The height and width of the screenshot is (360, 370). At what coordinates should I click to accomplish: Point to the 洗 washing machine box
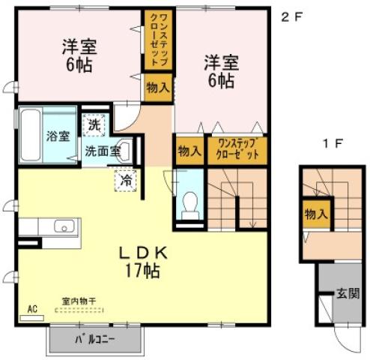[95, 123]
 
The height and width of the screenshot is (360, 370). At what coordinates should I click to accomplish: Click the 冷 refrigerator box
[127, 180]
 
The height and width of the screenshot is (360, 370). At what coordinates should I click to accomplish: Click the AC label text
[32, 308]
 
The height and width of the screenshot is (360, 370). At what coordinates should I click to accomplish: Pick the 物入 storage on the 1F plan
[316, 214]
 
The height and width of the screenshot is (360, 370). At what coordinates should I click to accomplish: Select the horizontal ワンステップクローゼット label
[237, 150]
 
